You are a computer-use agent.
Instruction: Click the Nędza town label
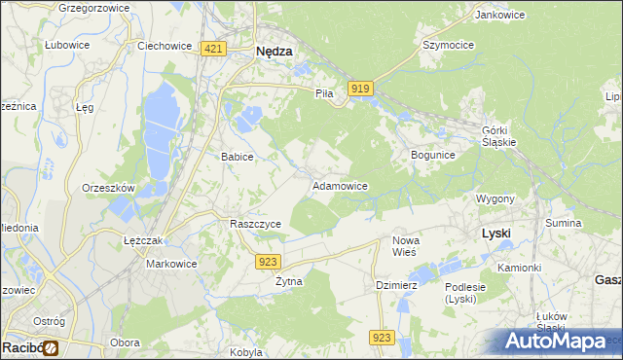[274, 54]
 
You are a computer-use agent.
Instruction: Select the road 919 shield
[360, 89]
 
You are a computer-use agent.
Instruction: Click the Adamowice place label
[339, 185]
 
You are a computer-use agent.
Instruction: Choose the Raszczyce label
[255, 224]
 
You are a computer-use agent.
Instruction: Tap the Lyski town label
[496, 234]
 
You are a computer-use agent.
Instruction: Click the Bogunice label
[433, 155]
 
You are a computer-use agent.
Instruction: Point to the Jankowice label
[494, 15]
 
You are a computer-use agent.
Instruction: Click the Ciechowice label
[163, 45]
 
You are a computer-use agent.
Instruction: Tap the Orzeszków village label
[108, 188]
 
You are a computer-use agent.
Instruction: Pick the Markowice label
[171, 264]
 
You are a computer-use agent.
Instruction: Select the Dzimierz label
[397, 285]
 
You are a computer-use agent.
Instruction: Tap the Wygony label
[495, 198]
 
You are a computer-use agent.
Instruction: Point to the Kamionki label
[519, 267]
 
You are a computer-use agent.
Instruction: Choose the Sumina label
[563, 224]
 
